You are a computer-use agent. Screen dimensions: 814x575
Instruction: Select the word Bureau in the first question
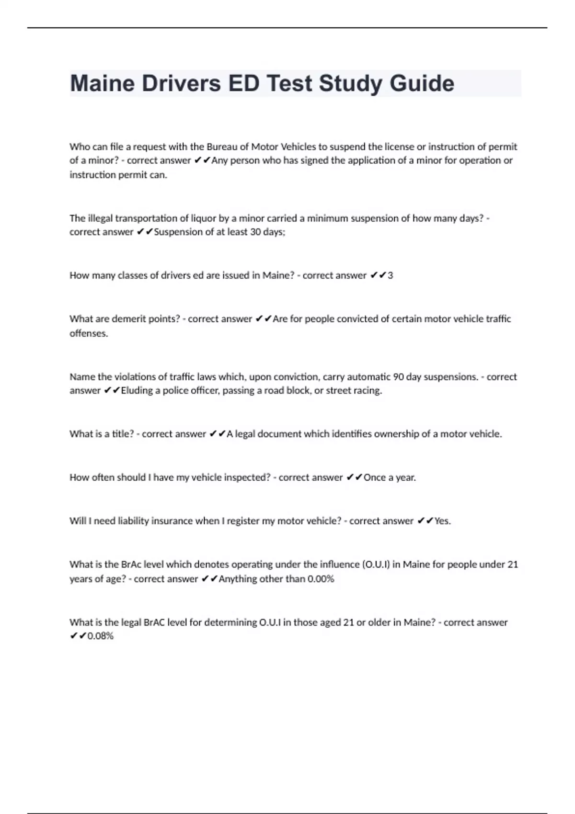(222, 147)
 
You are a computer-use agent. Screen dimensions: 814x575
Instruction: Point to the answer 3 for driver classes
(390, 275)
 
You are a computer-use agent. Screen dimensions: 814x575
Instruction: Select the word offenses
(89, 333)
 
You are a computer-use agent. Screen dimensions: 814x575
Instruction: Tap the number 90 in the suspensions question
(398, 377)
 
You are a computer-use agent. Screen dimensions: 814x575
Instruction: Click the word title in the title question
(123, 434)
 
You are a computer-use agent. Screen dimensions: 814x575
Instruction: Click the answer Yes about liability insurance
(442, 521)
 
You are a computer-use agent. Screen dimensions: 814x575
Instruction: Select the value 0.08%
(100, 636)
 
